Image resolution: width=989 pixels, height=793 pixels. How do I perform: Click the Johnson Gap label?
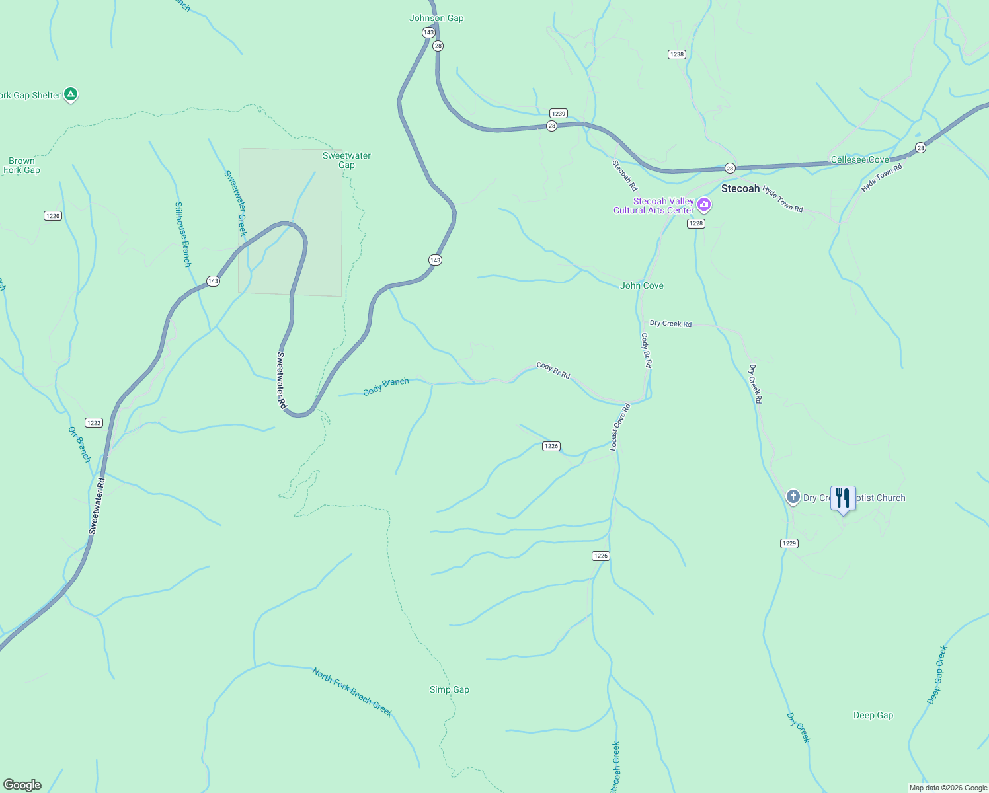coord(436,18)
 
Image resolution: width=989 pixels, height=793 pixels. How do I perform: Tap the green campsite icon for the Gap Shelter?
coord(71,94)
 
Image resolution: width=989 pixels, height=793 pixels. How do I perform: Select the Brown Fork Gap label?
coord(22,165)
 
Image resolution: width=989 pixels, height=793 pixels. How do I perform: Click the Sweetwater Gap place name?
coord(346,160)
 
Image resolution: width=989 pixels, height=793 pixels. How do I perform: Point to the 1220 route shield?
coord(53,216)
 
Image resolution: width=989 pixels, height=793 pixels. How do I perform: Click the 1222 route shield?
coord(94,423)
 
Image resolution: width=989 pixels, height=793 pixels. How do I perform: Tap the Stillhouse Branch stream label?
coord(182,235)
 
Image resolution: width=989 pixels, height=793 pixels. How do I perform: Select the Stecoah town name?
coord(740,188)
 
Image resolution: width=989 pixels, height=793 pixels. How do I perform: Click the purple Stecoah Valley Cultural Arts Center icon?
coord(704,205)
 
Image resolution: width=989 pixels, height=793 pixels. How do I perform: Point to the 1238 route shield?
coord(676,54)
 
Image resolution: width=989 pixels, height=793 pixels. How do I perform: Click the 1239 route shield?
coord(559,114)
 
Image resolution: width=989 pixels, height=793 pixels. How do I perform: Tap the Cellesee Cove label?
coord(859,160)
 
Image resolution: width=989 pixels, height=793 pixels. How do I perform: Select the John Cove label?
coord(642,285)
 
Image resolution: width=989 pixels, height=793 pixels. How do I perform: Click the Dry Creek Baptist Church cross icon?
coord(793,497)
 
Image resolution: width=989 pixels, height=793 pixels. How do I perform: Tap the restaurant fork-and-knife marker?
coord(843,498)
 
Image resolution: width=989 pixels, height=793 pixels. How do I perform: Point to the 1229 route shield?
coord(789,543)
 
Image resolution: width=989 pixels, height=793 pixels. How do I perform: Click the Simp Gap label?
coord(450,689)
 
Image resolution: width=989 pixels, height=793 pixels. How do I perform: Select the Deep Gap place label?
coord(873,715)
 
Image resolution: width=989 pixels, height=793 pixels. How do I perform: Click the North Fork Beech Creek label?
coord(352,693)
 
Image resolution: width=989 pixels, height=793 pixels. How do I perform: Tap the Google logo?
coord(22,785)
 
